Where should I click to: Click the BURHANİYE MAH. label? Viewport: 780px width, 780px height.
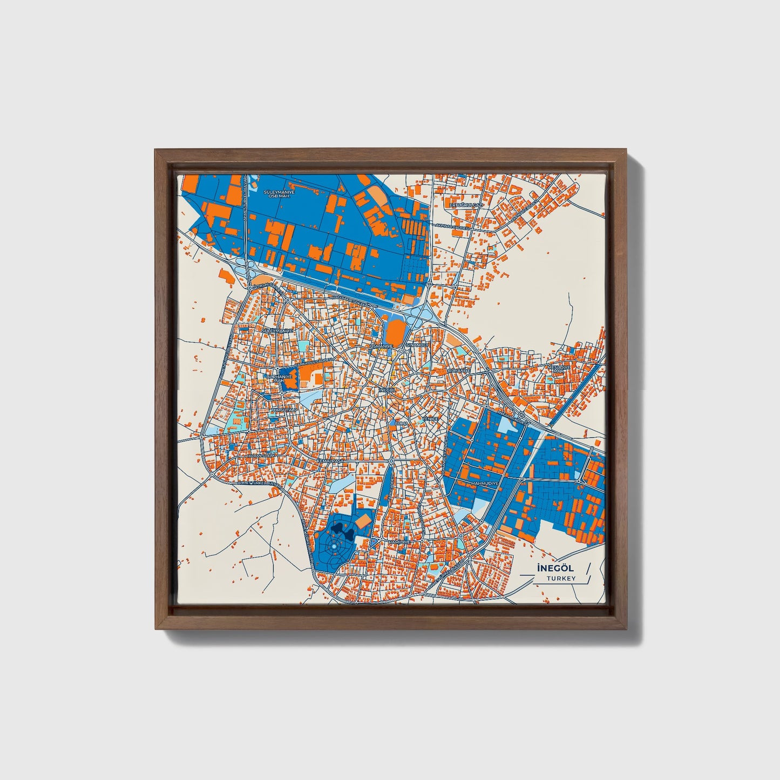[280, 378]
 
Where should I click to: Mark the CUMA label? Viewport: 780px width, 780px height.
[402, 423]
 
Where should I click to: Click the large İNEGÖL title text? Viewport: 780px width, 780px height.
[548, 568]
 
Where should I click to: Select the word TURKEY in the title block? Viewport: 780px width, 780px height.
[560, 578]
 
